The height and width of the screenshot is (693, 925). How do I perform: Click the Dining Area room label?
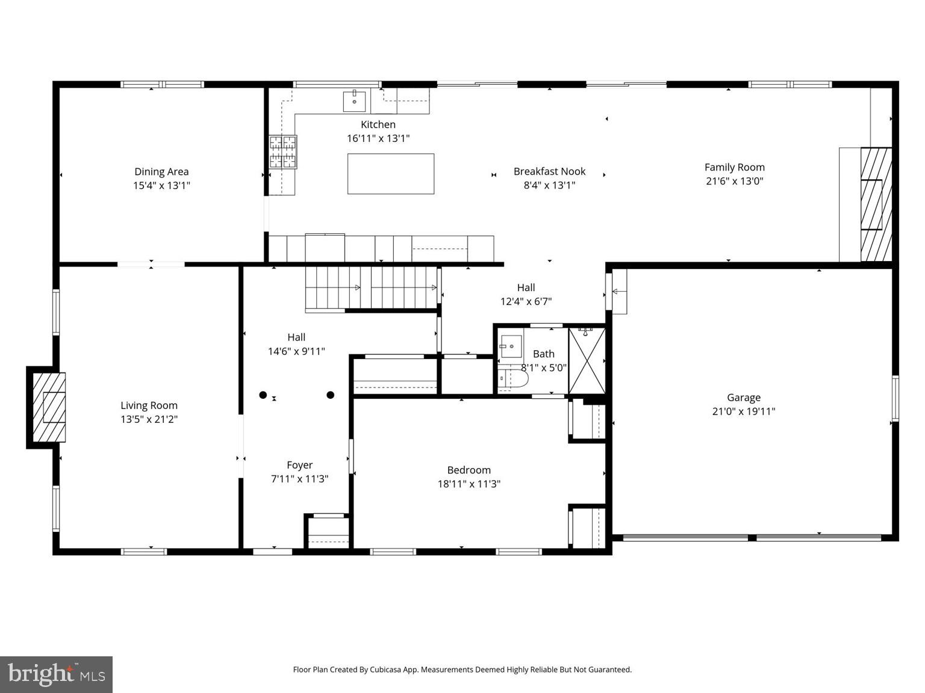click(x=161, y=171)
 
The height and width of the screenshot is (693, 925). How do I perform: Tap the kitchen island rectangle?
click(x=390, y=174)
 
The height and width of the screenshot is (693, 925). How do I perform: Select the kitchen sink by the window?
click(x=354, y=101)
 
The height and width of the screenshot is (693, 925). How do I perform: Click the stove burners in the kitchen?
click(x=283, y=152)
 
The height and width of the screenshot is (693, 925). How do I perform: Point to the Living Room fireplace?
click(x=48, y=407)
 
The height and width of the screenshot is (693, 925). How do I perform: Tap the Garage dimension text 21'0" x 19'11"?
click(x=743, y=411)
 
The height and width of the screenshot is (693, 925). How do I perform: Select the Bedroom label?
click(x=469, y=470)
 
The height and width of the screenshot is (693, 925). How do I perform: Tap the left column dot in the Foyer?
click(x=263, y=395)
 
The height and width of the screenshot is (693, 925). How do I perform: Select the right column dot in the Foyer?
click(x=330, y=395)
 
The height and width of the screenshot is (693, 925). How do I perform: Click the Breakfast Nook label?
click(x=549, y=171)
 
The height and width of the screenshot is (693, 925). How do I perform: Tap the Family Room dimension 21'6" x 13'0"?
click(x=734, y=181)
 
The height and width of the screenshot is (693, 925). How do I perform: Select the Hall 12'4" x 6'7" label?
click(x=526, y=294)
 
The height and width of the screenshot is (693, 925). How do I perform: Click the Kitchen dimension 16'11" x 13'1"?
click(x=378, y=138)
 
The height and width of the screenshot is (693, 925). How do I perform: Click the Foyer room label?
click(x=299, y=465)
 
